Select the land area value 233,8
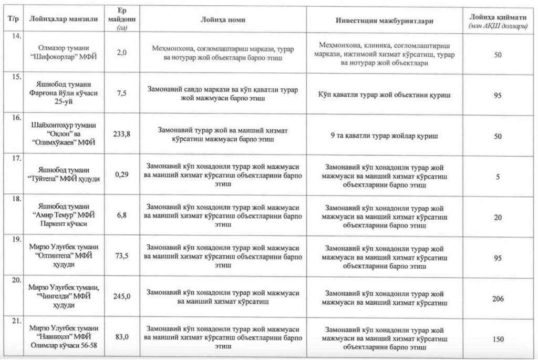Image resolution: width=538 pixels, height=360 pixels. point(122,134)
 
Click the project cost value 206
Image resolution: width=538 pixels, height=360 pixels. point(497,299)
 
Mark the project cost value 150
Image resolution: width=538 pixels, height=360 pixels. point(497,339)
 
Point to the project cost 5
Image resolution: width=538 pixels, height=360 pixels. point(497,177)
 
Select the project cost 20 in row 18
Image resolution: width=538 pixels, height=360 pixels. point(497,218)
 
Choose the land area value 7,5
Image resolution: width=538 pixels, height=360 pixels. point(122,94)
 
